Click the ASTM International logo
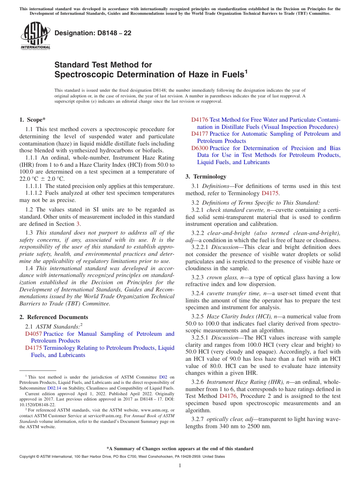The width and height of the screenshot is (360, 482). pos(35,36)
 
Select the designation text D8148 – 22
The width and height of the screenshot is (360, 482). pos(93,33)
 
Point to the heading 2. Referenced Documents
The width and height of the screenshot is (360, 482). pos(53,317)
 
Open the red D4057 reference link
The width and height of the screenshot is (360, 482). pos(33,334)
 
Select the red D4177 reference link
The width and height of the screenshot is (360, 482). pos(199,134)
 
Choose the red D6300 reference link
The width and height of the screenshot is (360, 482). pos(199,148)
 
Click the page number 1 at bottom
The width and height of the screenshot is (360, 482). pos(180,466)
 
